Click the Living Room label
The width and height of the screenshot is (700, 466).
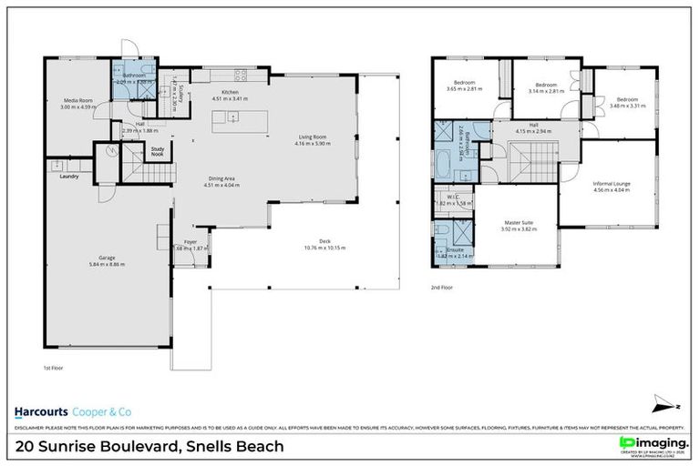click(x=313, y=137)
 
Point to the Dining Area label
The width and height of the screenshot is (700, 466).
click(x=219, y=180)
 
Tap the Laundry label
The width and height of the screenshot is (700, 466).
click(x=69, y=177)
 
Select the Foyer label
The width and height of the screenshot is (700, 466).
click(x=190, y=243)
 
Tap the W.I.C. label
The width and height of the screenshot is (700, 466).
click(x=452, y=198)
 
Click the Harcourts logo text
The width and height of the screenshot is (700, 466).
click(x=47, y=409)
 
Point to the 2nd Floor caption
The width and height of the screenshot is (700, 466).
click(x=443, y=287)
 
